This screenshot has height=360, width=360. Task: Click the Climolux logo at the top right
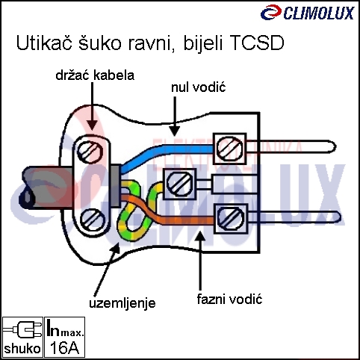(308, 12)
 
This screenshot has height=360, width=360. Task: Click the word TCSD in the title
(256, 43)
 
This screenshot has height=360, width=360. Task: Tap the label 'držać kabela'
(95, 75)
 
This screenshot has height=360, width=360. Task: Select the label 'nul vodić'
(199, 87)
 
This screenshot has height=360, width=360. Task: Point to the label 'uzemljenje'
(122, 303)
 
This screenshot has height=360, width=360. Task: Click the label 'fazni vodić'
(229, 299)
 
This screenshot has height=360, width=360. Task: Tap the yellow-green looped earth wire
(136, 211)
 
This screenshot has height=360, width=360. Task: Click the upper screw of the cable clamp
(90, 151)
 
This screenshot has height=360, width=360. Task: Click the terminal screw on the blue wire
(229, 148)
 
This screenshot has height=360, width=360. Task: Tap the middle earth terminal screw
(179, 183)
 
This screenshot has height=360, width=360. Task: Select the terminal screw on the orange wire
(230, 217)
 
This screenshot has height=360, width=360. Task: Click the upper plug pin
(291, 146)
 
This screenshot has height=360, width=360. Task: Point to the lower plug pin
(294, 217)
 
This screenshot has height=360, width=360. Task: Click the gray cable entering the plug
(47, 187)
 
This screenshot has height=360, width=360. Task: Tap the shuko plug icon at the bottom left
(22, 330)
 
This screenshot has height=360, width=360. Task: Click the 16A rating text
(64, 347)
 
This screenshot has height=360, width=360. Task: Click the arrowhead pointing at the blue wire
(175, 131)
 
